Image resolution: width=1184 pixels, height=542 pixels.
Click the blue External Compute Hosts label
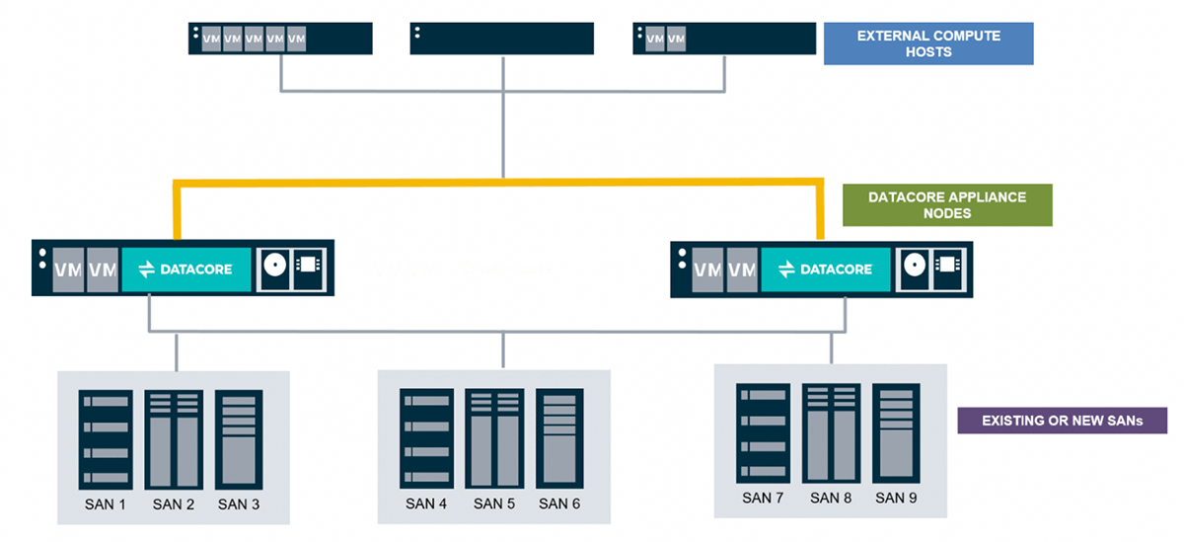(927, 43)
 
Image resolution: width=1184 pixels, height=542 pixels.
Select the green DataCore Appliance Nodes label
(946, 204)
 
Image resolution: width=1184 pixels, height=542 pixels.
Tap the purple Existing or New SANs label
(1062, 421)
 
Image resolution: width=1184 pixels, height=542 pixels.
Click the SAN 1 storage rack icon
(105, 439)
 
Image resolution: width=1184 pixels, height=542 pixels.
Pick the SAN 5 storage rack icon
(494, 438)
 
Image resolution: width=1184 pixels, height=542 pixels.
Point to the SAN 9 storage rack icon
(896, 432)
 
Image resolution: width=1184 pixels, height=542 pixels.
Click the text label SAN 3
(239, 504)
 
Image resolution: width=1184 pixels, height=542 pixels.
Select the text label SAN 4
(426, 503)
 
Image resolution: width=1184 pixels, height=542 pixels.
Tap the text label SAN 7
(763, 498)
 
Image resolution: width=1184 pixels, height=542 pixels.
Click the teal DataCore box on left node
(186, 269)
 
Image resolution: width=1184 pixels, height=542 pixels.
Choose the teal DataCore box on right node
(825, 269)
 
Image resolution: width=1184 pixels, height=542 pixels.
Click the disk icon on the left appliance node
(276, 268)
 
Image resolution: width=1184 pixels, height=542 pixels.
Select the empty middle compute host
(502, 39)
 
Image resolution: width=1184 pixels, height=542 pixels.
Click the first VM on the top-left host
(211, 39)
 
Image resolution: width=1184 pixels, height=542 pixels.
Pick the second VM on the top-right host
(676, 39)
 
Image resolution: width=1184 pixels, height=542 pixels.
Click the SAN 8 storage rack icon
(830, 432)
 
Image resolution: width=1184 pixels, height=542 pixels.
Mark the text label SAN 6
(559, 503)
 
